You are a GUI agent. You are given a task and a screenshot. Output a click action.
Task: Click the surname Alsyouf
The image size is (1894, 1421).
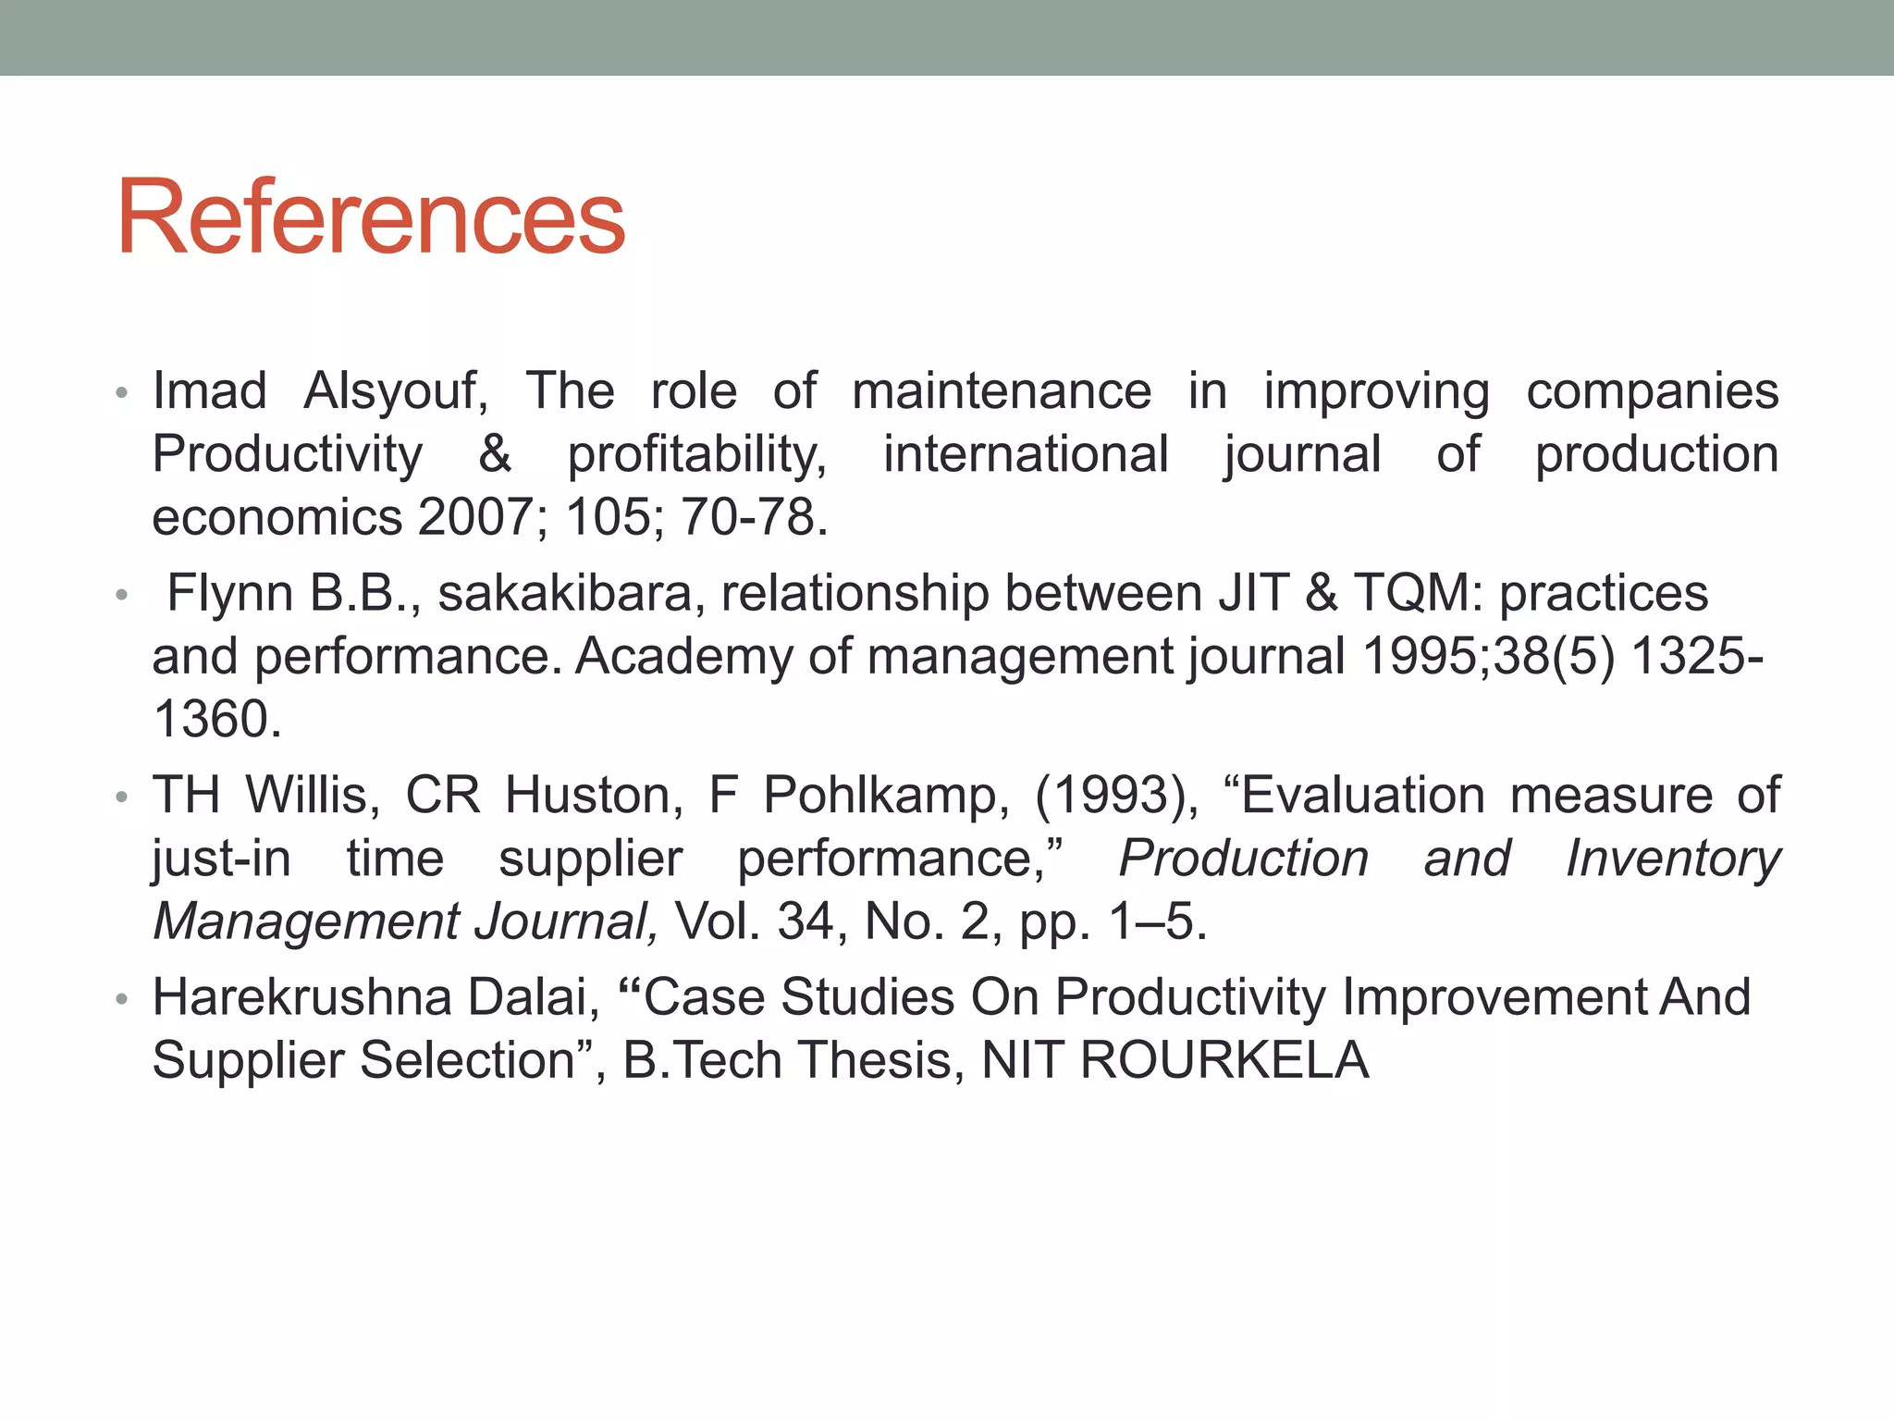(x=396, y=391)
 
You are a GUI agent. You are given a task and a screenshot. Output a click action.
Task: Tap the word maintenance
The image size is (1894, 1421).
(x=1002, y=391)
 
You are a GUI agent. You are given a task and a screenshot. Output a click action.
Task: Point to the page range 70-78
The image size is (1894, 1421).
(x=754, y=517)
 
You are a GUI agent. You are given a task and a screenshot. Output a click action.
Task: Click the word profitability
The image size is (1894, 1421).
(x=697, y=455)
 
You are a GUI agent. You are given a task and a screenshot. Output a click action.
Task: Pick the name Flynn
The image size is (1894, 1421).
(x=230, y=593)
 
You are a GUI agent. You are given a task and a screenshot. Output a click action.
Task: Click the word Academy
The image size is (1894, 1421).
(x=683, y=656)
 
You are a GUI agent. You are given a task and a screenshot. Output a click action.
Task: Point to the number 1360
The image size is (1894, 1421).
(x=216, y=719)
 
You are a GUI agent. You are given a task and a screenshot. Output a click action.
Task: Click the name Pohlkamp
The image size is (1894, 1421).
(x=886, y=795)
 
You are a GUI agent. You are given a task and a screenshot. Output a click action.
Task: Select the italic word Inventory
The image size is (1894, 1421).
(x=1673, y=859)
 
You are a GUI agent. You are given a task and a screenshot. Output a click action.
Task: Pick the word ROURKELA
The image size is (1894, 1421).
(x=1224, y=1060)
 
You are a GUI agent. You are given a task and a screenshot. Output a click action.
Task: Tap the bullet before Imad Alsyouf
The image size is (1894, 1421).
(x=121, y=393)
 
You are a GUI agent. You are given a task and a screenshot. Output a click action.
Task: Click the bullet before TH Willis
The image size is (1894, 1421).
(x=121, y=797)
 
